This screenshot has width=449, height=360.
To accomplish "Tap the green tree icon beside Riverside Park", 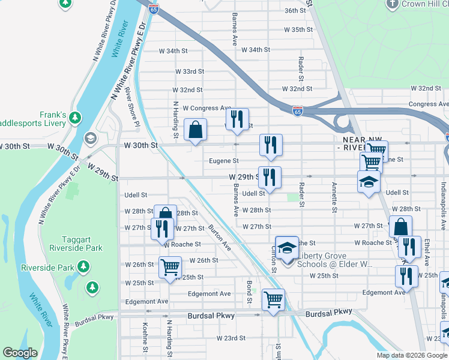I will (84, 266).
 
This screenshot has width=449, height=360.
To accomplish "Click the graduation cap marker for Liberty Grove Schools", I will (288, 248).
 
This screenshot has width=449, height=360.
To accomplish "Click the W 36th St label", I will (295, 11).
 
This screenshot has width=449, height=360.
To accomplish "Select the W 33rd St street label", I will (190, 71).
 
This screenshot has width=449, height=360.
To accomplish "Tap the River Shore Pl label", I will (131, 114).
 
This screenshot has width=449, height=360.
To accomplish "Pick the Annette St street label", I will (333, 197).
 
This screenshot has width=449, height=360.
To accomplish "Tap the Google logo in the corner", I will (20, 353).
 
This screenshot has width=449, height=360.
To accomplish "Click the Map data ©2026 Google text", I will (411, 355).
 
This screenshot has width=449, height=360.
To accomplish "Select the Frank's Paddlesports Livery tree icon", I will (76, 116).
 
